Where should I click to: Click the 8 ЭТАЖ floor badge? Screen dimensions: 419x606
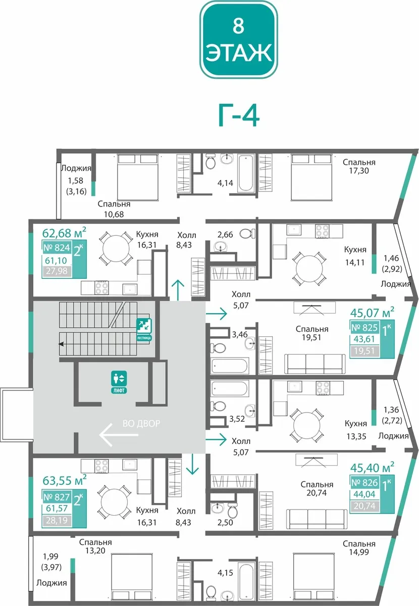pyautogui.click(x=239, y=39)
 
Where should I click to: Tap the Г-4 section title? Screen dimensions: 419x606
pyautogui.click(x=239, y=116)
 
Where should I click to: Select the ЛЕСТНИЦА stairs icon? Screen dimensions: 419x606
pyautogui.click(x=144, y=329)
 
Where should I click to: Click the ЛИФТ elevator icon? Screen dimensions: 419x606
pyautogui.click(x=119, y=382)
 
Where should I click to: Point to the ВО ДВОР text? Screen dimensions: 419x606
pyautogui.click(x=141, y=423)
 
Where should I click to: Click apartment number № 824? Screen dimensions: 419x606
pyautogui.click(x=57, y=247)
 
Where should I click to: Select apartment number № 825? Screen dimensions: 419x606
pyautogui.click(x=364, y=328)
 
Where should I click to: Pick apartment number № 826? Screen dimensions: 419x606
pyautogui.click(x=364, y=482)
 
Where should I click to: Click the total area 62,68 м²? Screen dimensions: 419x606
pyautogui.click(x=65, y=232)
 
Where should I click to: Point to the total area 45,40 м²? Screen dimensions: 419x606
pyautogui.click(x=372, y=467)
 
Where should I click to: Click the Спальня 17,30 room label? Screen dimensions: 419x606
pyautogui.click(x=359, y=166)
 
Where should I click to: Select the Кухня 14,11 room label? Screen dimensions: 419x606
pyautogui.click(x=355, y=256)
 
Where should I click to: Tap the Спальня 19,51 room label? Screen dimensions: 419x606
pyautogui.click(x=312, y=333)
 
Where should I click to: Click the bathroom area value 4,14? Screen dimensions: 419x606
pyautogui.click(x=225, y=183)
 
